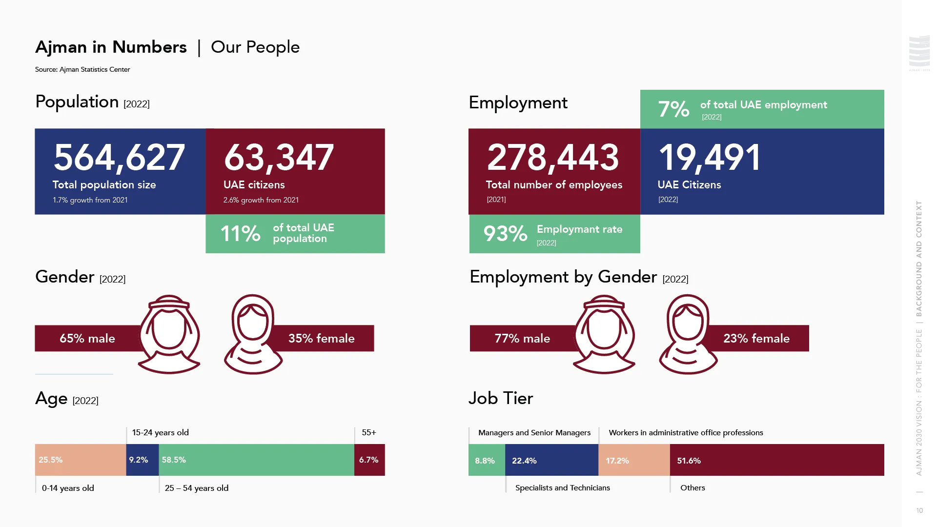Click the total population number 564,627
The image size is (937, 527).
tap(119, 158)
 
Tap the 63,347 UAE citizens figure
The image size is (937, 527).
tap(279, 158)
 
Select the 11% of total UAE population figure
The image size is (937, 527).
tap(241, 234)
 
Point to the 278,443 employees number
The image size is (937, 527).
tap(553, 158)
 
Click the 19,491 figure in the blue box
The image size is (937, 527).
tap(710, 158)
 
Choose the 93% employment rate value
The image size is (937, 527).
tap(505, 234)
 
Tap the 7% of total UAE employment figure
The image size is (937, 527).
tap(673, 109)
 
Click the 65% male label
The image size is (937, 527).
tap(87, 338)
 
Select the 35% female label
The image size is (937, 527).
tap(321, 338)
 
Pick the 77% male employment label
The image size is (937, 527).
tap(522, 338)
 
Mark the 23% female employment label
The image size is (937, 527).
tap(756, 338)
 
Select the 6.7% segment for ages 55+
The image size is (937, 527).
tap(369, 460)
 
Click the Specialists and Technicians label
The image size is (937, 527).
tap(562, 487)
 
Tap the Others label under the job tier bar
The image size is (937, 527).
tap(693, 487)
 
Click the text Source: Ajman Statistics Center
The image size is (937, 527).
tap(82, 69)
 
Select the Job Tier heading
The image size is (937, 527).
tap(501, 398)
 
